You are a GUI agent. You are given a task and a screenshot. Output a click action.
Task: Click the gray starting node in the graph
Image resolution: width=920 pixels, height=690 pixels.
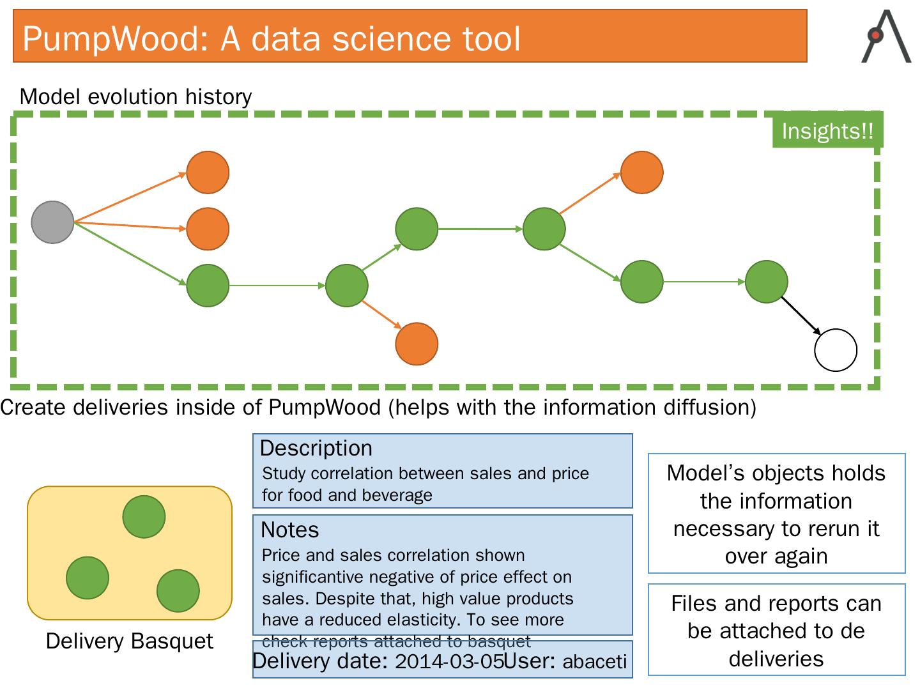tap(52, 222)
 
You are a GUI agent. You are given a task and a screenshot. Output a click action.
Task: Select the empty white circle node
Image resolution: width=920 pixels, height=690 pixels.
tap(835, 350)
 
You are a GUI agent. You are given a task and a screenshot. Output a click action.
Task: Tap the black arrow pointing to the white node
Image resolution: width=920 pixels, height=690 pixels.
tap(801, 315)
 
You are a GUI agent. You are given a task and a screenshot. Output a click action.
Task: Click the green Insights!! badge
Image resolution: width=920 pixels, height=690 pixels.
tap(827, 131)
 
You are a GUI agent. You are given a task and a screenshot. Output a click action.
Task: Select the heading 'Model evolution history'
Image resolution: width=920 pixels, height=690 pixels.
tap(135, 96)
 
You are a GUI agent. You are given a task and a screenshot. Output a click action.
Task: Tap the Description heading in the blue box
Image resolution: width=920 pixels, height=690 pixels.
tap(316, 448)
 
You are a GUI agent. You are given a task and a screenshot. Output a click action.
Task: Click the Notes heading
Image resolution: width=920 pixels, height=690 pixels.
tap(289, 530)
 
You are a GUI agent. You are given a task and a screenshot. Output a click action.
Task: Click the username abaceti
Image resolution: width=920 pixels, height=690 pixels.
tap(594, 661)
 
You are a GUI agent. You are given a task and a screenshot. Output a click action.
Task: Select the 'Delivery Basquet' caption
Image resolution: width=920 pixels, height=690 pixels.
tap(129, 641)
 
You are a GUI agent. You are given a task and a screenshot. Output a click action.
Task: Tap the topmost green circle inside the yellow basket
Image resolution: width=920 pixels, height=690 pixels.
tap(144, 517)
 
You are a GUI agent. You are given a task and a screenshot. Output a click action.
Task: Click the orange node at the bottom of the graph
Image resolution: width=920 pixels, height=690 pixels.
tap(417, 344)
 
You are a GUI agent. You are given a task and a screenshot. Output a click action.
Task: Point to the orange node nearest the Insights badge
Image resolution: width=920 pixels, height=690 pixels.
tap(642, 172)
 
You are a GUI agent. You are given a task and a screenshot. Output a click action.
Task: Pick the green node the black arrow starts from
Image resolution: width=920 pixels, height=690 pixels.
tap(766, 282)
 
